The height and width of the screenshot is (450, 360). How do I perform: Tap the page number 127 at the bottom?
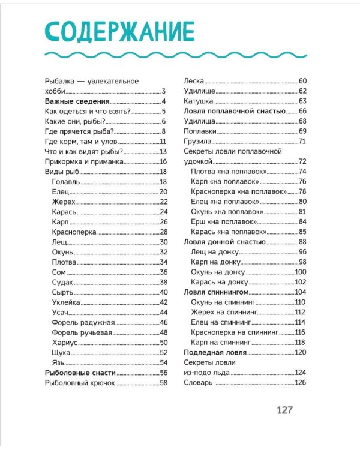coord(284,410)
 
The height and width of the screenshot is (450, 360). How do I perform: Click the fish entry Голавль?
coord(66,182)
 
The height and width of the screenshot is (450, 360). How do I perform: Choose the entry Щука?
coord(62,352)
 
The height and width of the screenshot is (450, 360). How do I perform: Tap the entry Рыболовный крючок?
coord(80,383)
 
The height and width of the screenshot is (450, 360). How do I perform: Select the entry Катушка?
coord(199,101)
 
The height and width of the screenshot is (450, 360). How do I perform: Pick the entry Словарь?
coord(198,383)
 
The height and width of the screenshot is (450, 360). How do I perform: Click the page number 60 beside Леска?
coord(302,81)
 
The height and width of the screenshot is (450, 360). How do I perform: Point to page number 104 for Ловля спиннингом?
coord(300,292)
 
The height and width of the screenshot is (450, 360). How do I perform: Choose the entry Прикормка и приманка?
coord(84,161)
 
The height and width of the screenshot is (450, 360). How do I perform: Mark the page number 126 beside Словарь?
coord(300,383)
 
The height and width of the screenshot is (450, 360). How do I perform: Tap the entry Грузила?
coord(197,141)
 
